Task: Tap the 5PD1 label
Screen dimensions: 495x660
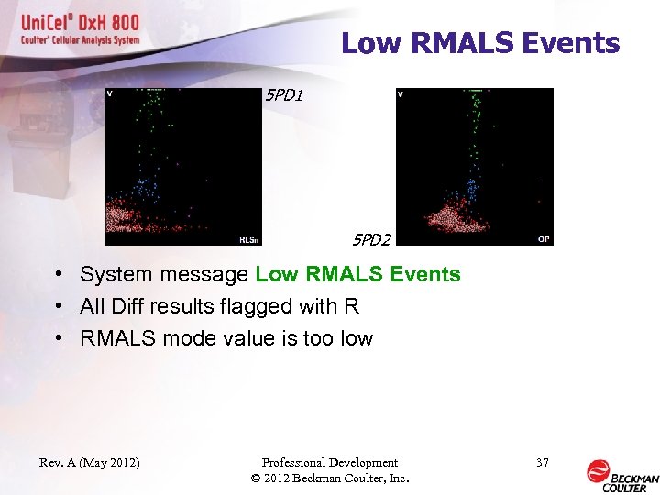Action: (282, 94)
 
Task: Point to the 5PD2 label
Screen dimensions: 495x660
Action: (372, 240)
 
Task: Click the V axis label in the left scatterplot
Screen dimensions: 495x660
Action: (110, 93)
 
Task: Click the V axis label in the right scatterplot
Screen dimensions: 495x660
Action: (401, 93)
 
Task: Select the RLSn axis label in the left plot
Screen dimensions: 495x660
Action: (248, 240)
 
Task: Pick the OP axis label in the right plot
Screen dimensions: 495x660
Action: (543, 239)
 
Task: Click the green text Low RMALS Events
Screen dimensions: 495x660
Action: (357, 274)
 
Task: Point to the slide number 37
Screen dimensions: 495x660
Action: (542, 463)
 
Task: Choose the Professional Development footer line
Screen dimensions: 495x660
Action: (330, 463)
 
